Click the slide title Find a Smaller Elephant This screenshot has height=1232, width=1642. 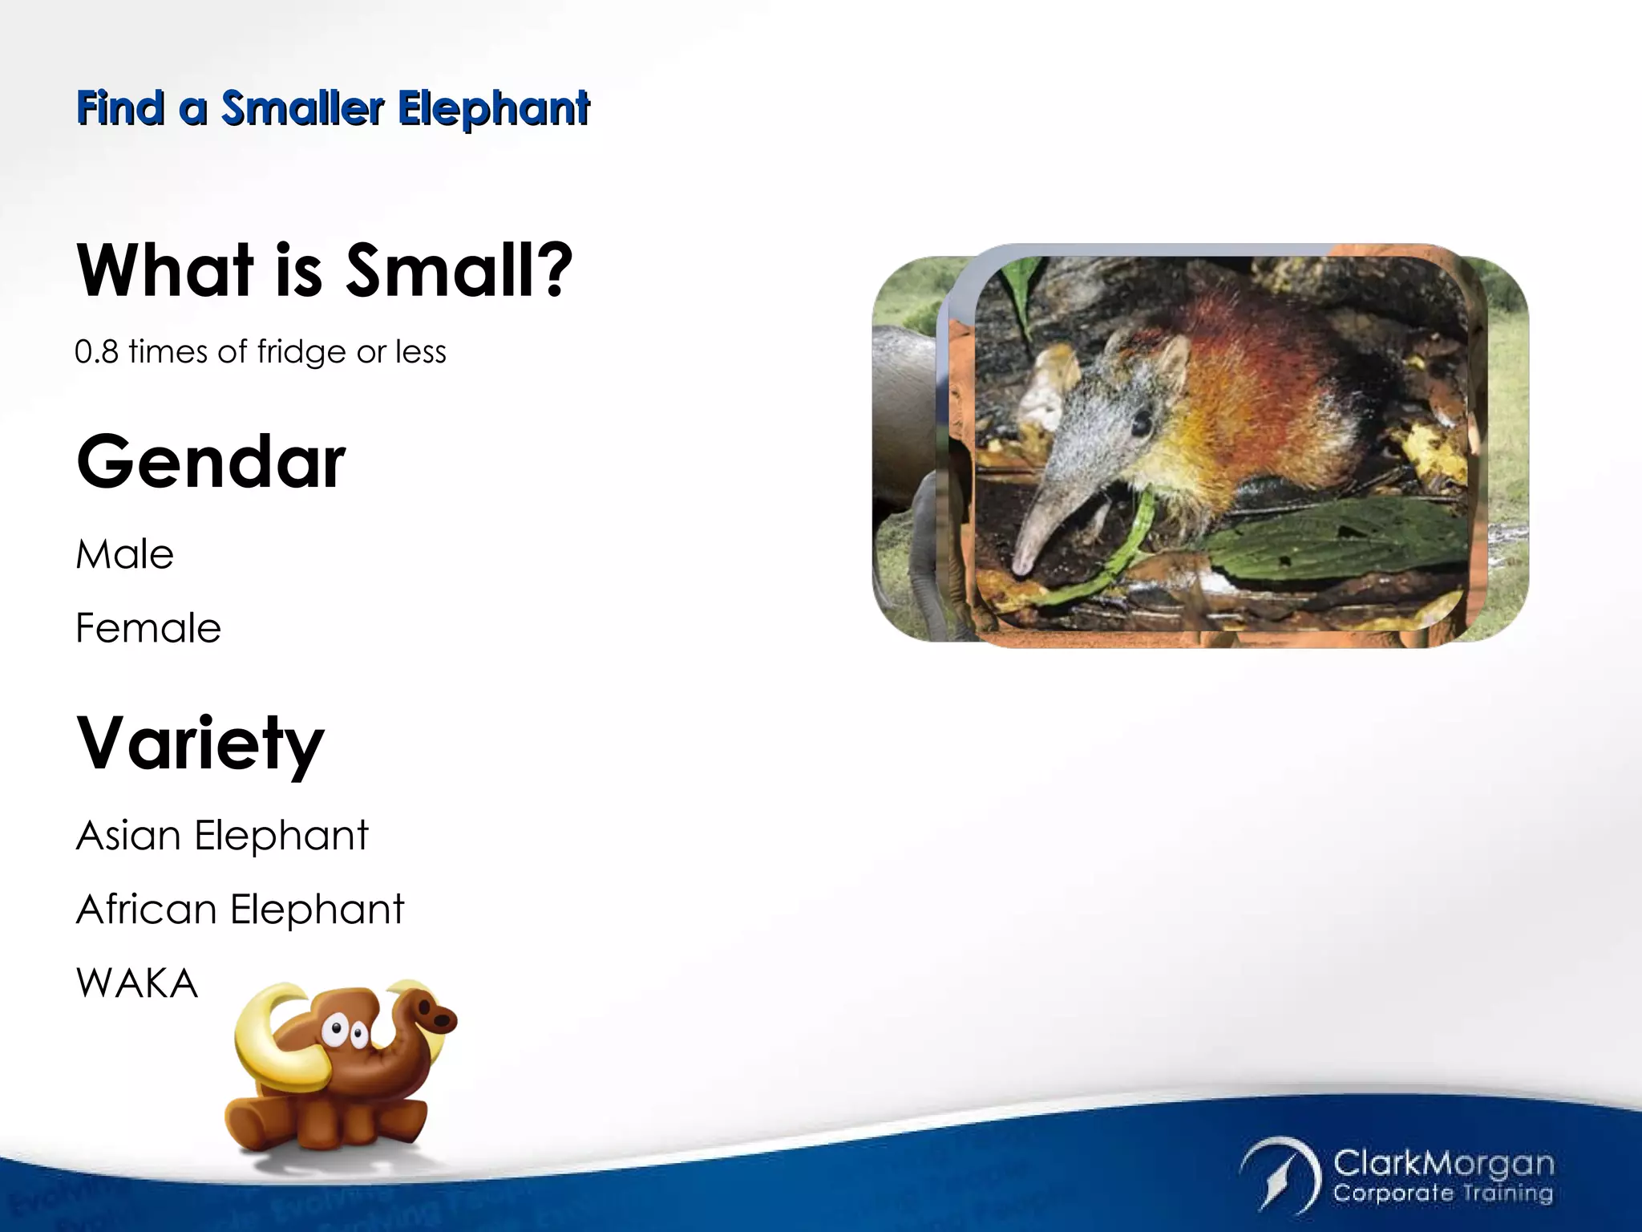[x=333, y=108]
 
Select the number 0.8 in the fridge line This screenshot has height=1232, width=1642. [x=96, y=352]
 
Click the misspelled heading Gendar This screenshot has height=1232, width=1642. [x=211, y=462]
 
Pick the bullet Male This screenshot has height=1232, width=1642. [x=124, y=554]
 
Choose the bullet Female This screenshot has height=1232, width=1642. [x=148, y=628]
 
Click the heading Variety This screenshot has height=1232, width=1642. [x=200, y=744]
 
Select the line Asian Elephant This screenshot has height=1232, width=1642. [x=222, y=836]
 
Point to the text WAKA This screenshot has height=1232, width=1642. [x=136, y=983]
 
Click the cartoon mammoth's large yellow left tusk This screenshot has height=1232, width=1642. [x=273, y=1043]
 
